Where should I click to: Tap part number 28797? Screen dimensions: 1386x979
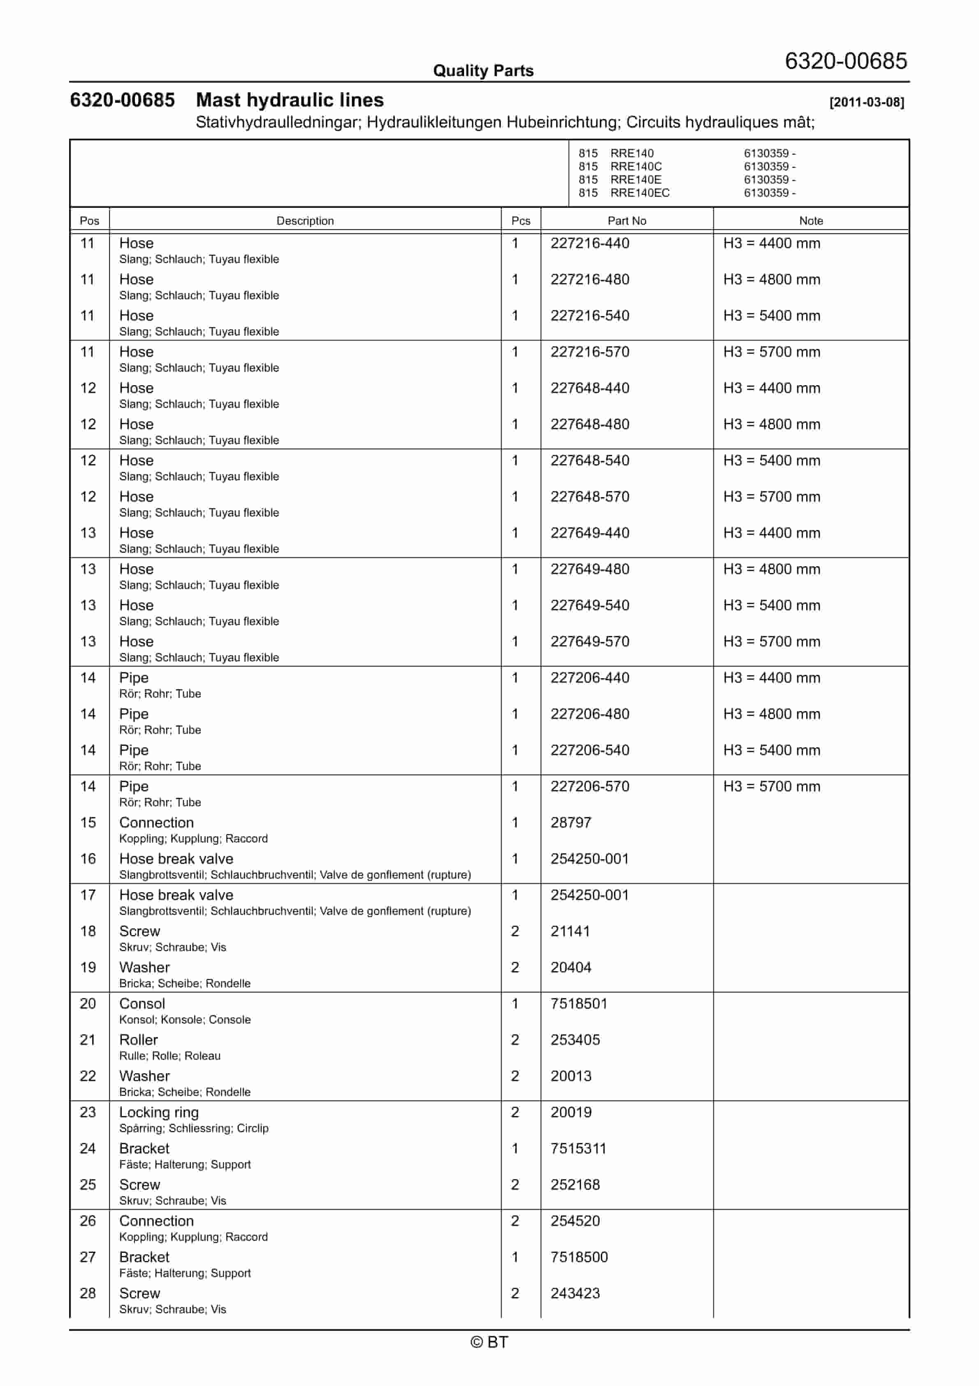[571, 823]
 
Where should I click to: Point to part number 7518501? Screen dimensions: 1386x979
[578, 1004]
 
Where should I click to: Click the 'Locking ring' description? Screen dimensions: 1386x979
[159, 1112]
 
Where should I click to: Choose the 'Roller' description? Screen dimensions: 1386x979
[138, 1040]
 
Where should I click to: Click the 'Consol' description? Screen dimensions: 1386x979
[142, 1004]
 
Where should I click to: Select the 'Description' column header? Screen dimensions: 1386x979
[305, 221]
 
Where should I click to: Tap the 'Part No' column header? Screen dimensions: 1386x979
[626, 221]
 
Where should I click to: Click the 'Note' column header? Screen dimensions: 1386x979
[811, 221]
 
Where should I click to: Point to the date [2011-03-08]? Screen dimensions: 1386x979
[866, 102]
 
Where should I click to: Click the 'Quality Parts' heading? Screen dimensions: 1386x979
[483, 71]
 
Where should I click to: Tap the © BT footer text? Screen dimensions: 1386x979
[489, 1342]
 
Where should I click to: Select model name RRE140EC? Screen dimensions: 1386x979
[640, 193]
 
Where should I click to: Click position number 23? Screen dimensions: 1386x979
[88, 1112]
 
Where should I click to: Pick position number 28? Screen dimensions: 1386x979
[88, 1294]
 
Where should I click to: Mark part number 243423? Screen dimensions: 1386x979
[575, 1294]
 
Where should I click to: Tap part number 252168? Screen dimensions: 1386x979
[575, 1185]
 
